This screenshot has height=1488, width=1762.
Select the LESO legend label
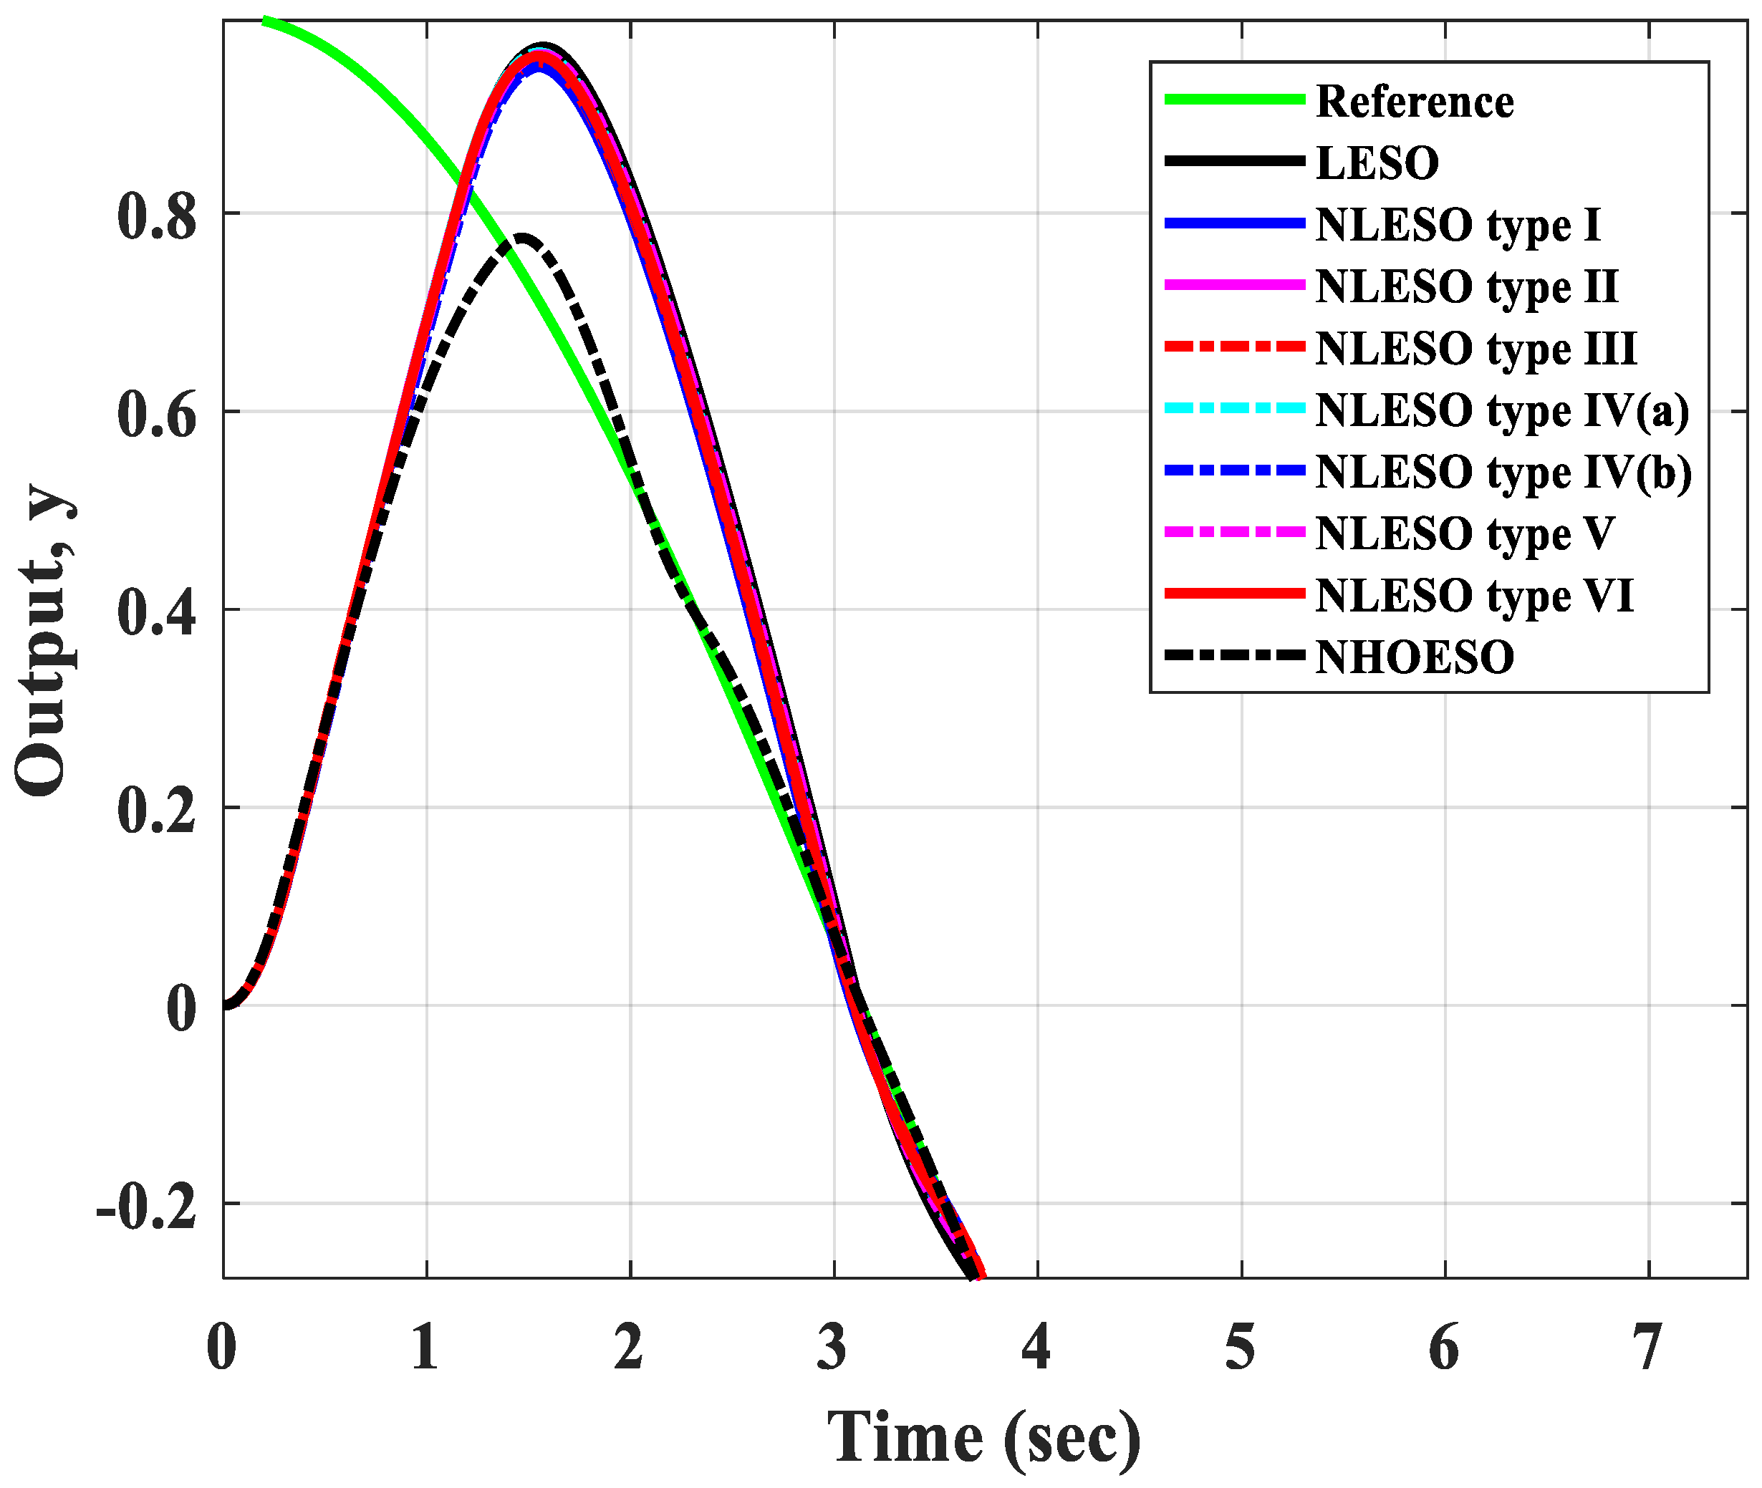tap(1377, 163)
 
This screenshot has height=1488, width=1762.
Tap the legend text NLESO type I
tap(1458, 226)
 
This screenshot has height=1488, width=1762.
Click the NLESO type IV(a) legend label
tap(1502, 411)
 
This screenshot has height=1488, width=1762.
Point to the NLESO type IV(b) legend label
tap(1503, 472)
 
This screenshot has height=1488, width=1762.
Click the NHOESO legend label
tap(1415, 657)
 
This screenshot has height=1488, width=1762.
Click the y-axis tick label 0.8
tap(157, 217)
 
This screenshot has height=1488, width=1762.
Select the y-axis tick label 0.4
tap(157, 612)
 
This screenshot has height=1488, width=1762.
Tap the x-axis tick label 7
tap(1647, 1348)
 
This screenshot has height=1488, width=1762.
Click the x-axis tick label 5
tap(1240, 1348)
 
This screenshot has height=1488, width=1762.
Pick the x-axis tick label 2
tap(629, 1348)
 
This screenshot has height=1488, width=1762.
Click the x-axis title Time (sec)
tap(983, 1437)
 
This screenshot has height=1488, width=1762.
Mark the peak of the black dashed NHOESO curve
tap(522, 238)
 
